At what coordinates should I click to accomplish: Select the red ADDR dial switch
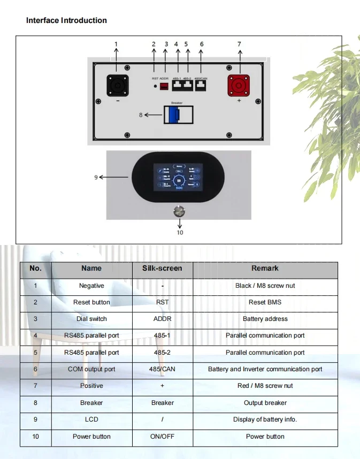point(164,86)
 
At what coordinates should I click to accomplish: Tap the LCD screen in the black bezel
point(178,177)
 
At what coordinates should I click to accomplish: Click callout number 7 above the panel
point(240,44)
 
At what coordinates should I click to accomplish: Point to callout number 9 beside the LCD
point(96,177)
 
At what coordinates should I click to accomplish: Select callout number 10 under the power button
point(180,232)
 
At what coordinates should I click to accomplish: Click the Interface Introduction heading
point(66,20)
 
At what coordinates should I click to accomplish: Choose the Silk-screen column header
point(162,269)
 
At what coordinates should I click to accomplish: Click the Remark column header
point(265,269)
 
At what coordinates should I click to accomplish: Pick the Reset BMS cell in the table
point(265,302)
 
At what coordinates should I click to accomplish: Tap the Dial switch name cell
point(91,319)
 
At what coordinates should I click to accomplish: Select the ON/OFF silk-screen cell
point(162,437)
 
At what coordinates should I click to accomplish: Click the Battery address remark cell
point(265,319)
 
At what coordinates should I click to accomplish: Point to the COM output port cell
point(91,369)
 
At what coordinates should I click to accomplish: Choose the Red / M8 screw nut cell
point(265,386)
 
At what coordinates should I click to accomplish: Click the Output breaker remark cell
point(265,403)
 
